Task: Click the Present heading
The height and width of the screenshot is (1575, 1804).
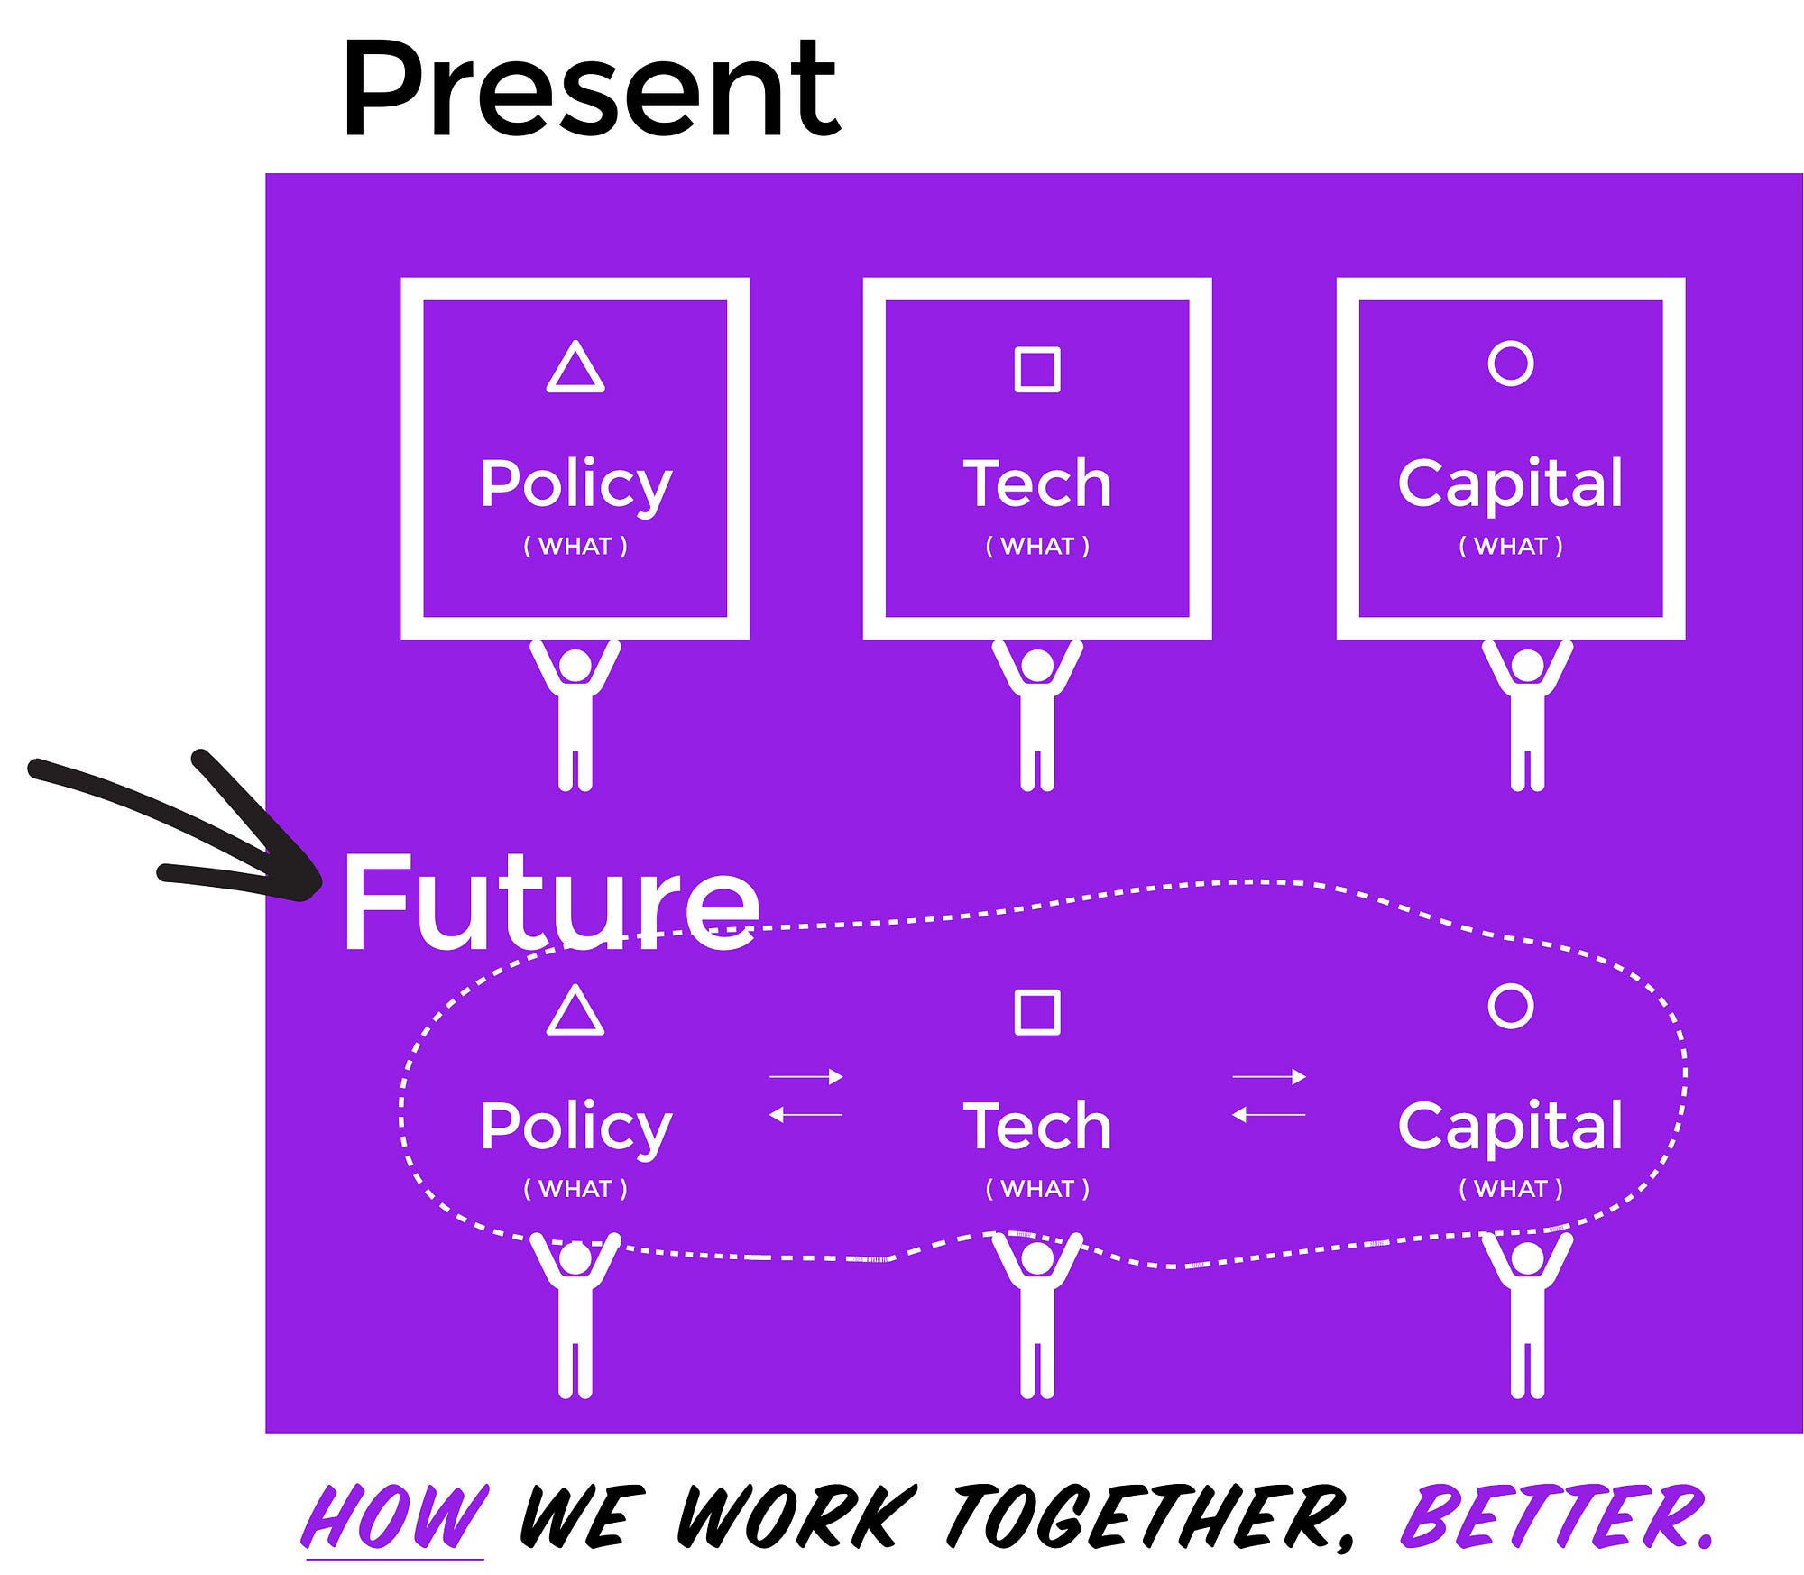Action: [x=591, y=90]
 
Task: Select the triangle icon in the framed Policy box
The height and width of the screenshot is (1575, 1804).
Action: [x=575, y=366]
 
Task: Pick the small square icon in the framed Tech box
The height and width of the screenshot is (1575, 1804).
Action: [x=1037, y=369]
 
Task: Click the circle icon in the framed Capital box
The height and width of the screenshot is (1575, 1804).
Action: [x=1511, y=364]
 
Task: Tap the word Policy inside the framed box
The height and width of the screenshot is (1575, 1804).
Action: [x=575, y=484]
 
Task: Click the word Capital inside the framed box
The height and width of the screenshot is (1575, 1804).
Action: [x=1511, y=484]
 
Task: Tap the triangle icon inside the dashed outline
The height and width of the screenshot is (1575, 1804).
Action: [x=575, y=1009]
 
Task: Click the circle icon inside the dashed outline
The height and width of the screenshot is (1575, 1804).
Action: [x=1511, y=1006]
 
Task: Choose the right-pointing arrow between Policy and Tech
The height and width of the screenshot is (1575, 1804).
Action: [x=806, y=1076]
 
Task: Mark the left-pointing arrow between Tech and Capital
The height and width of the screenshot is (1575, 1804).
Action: [x=1268, y=1115]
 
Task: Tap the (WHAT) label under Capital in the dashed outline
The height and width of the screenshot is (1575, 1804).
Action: [x=1511, y=1188]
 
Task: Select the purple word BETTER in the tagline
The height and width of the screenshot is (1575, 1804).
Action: [x=1556, y=1515]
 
